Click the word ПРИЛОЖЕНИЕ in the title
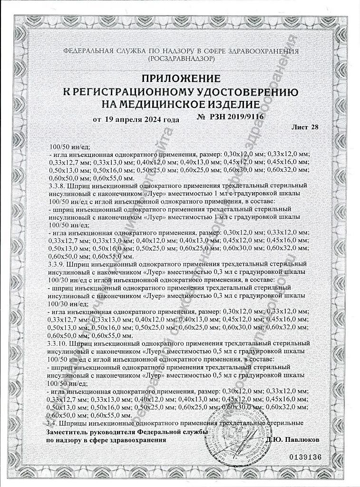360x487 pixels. point(180,78)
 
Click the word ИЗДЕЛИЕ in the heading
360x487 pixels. point(236,104)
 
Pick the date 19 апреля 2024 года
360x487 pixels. point(141,119)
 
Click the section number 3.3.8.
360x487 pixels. point(57,185)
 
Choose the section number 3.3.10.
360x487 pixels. point(58,342)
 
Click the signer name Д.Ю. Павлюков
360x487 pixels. point(294,440)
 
